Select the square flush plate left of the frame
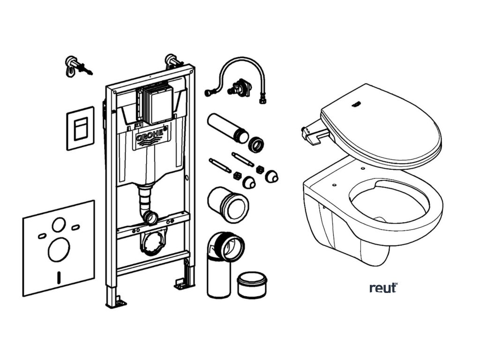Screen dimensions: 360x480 (80, 128)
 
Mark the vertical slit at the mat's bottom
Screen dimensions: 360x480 (59, 276)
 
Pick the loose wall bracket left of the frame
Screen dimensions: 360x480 (75, 66)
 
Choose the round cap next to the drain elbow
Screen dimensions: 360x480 (252, 285)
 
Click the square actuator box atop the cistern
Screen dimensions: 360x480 (157, 105)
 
